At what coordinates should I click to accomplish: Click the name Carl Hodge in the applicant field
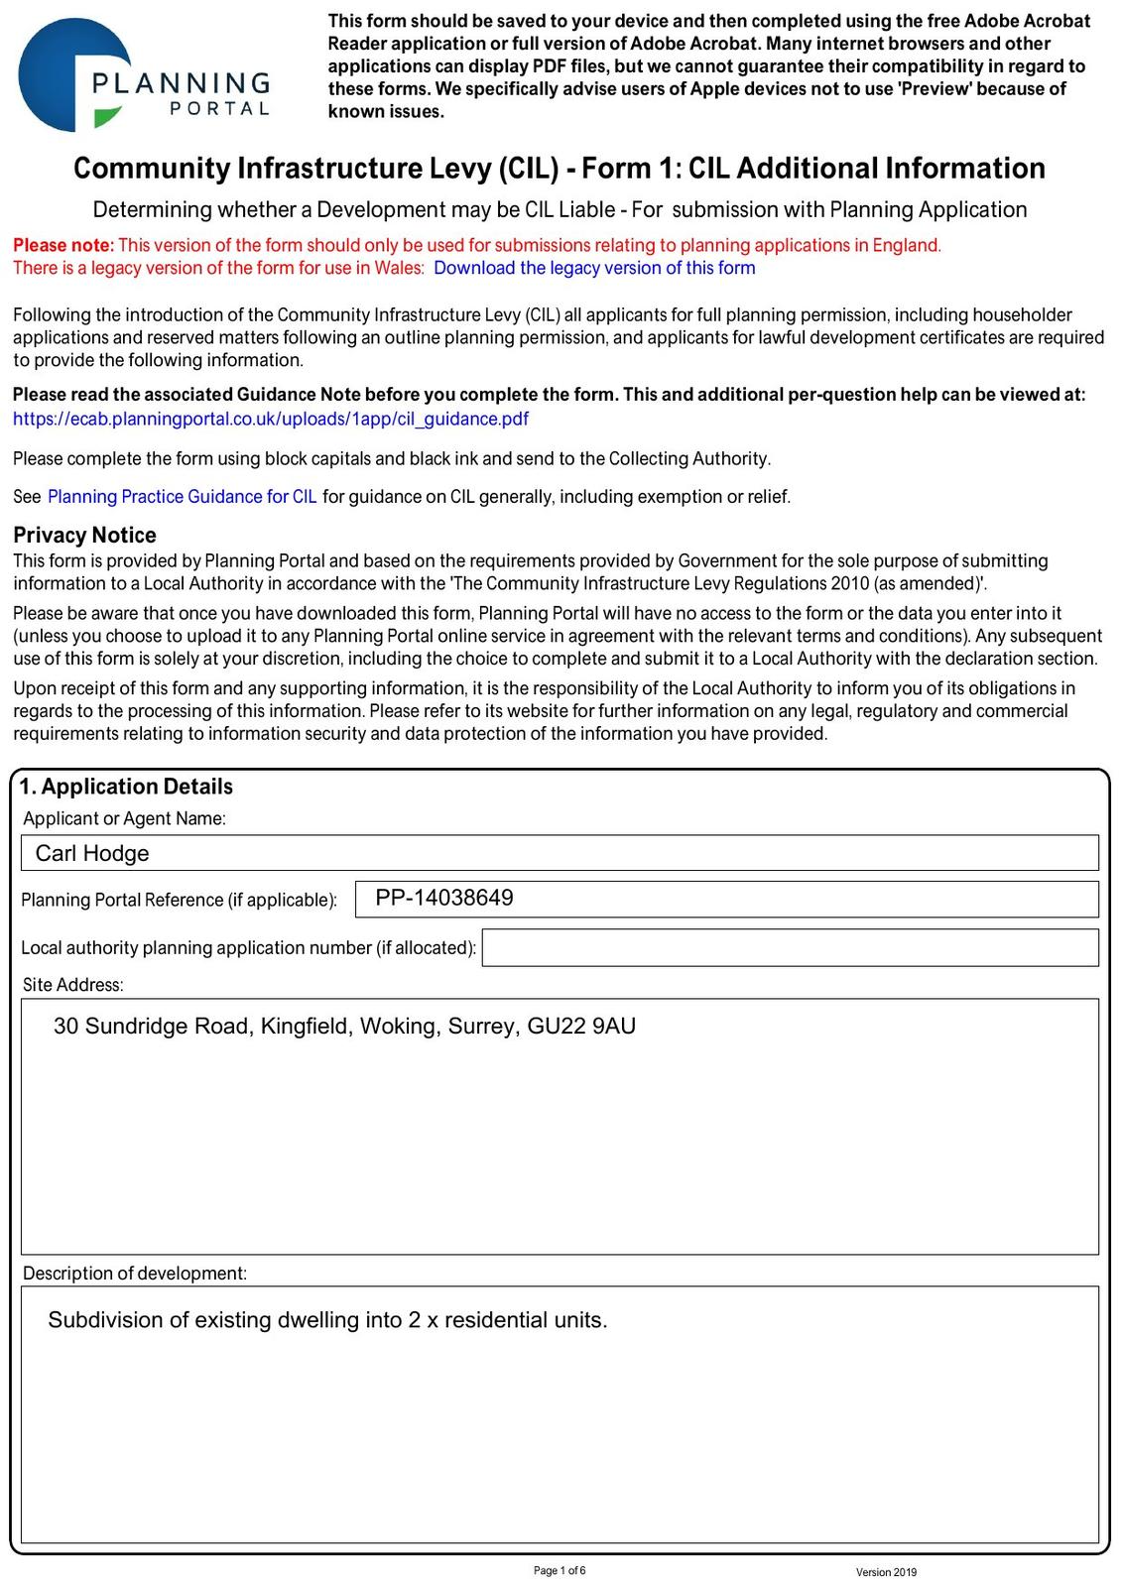click(92, 853)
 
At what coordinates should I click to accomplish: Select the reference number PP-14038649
click(444, 898)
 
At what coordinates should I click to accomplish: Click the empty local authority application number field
click(790, 947)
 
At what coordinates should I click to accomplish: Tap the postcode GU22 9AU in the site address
click(581, 1026)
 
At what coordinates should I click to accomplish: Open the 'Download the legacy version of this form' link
click(594, 268)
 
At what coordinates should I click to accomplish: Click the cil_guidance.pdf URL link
click(271, 419)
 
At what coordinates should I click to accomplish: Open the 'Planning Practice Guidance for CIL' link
click(183, 497)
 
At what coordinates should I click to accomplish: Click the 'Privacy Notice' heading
click(84, 535)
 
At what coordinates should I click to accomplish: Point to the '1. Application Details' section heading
click(126, 787)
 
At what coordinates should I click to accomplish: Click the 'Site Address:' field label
click(73, 985)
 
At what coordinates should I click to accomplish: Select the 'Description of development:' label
click(135, 1273)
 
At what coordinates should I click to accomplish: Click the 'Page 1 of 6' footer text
click(560, 1570)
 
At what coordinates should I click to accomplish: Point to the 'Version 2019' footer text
click(886, 1572)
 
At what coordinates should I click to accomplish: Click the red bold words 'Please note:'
click(63, 245)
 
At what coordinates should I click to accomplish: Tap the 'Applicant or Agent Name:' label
click(124, 818)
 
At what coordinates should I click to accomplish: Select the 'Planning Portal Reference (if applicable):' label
click(179, 900)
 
